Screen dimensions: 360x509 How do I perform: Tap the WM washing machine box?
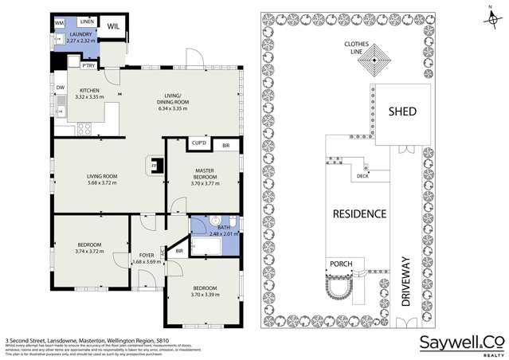(60, 24)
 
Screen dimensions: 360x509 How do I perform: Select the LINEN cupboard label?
(86, 21)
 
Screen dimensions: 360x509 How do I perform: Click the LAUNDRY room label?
(82, 35)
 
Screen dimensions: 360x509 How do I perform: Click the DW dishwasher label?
(61, 88)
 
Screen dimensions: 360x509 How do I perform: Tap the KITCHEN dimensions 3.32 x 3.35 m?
(88, 96)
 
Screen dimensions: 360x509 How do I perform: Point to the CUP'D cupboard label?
(199, 144)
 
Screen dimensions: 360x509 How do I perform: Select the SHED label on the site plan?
(401, 112)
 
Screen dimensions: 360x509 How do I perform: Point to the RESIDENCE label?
(359, 213)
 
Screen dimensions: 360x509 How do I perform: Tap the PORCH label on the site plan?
(340, 264)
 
